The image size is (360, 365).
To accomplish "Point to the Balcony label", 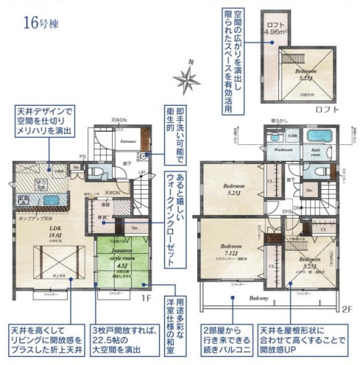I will click(x=258, y=299).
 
